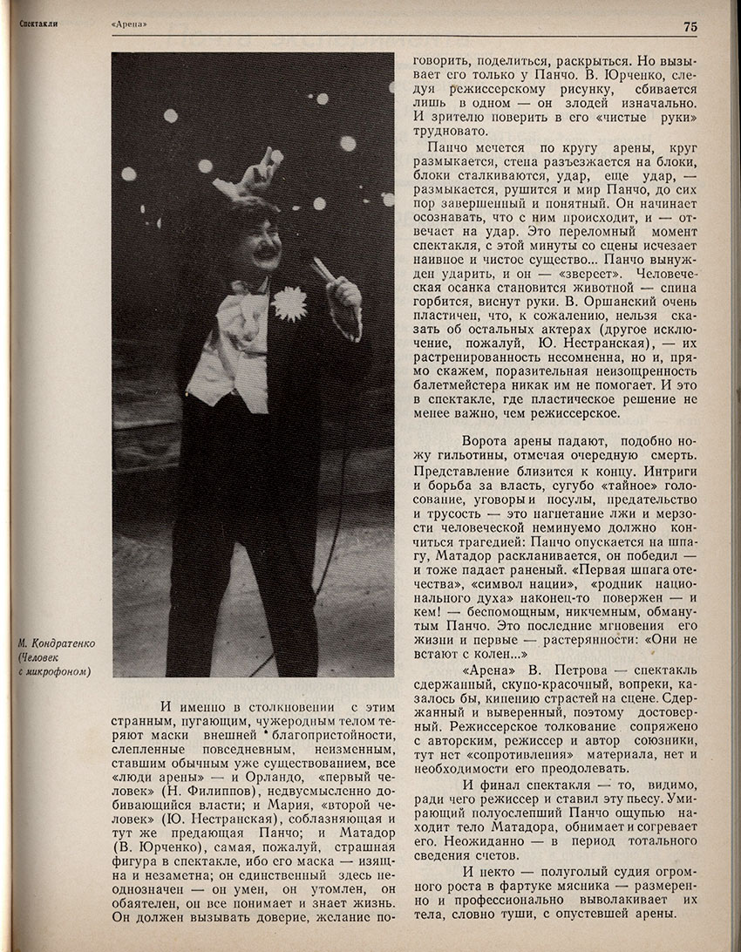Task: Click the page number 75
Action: (690, 27)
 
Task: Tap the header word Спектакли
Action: (37, 24)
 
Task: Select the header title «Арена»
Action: (129, 25)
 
